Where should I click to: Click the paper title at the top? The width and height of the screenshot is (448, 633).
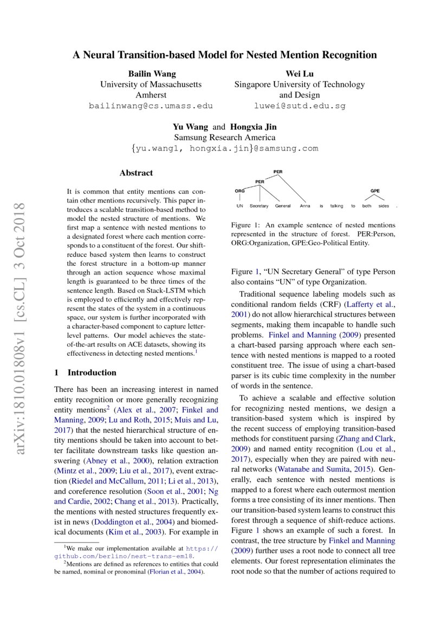click(225, 55)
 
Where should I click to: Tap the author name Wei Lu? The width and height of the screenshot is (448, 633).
click(299, 74)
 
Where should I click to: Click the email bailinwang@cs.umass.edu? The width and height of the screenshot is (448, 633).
click(151, 106)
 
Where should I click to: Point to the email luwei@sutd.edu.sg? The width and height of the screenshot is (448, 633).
click(299, 106)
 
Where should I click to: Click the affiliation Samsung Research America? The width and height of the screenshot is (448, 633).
click(224, 138)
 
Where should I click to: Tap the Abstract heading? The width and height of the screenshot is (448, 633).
click(136, 173)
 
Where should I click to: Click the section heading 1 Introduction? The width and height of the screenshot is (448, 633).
click(86, 373)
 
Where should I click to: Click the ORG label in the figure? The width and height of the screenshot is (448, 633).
click(239, 191)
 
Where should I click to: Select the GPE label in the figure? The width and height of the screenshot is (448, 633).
click(375, 191)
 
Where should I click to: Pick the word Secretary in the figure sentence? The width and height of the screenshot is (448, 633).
click(259, 206)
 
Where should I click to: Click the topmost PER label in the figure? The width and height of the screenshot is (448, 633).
click(278, 172)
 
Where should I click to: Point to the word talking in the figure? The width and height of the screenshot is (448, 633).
click(337, 206)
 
